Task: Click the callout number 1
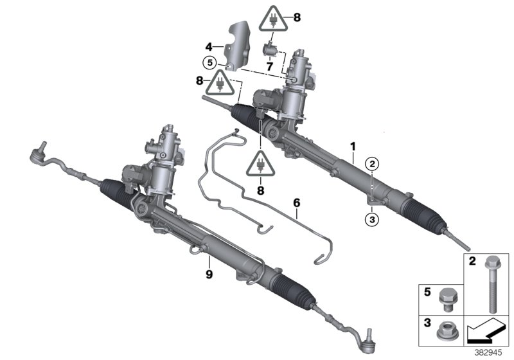click(352, 147)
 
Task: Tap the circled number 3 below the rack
click(371, 219)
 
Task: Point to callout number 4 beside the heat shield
click(209, 46)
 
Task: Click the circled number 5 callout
click(208, 63)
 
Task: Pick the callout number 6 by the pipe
click(296, 203)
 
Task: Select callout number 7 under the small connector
click(270, 66)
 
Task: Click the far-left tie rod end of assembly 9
click(38, 153)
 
